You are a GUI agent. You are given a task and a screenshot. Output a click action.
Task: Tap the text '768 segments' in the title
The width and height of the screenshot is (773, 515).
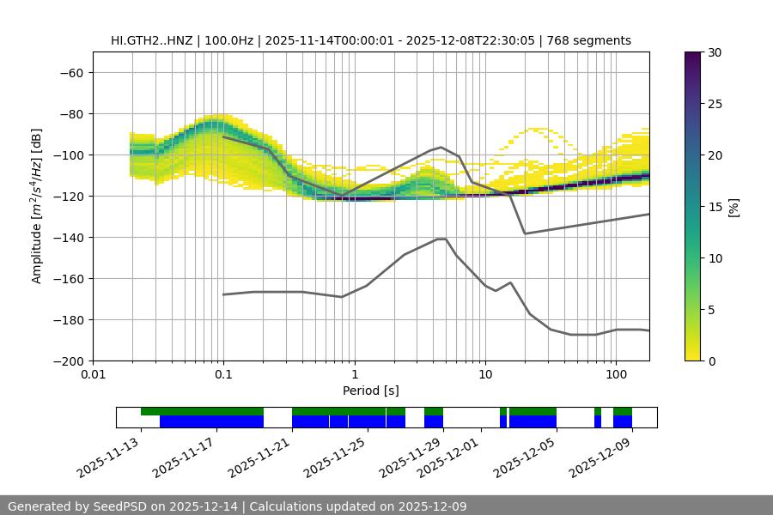592,40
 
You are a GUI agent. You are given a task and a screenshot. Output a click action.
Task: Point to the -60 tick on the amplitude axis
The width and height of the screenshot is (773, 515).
70,72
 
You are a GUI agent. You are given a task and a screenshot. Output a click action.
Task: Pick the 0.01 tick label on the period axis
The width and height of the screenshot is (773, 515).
93,375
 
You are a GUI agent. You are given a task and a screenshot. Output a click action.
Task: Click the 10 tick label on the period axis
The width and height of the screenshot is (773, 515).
484,375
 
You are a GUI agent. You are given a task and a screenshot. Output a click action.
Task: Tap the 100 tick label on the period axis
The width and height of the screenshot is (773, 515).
615,375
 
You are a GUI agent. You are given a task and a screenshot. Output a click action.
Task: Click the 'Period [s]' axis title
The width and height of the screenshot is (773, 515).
371,391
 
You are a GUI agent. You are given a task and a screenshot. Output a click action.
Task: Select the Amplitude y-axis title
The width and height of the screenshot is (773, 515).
37,206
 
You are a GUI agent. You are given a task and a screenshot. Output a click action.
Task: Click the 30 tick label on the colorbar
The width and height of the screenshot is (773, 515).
715,52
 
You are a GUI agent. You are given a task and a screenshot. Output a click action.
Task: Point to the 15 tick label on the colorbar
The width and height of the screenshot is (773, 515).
715,207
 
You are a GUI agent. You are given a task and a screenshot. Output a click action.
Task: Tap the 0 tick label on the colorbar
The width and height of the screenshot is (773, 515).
711,360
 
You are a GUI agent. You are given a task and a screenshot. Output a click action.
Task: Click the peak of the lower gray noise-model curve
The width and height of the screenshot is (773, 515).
441,239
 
